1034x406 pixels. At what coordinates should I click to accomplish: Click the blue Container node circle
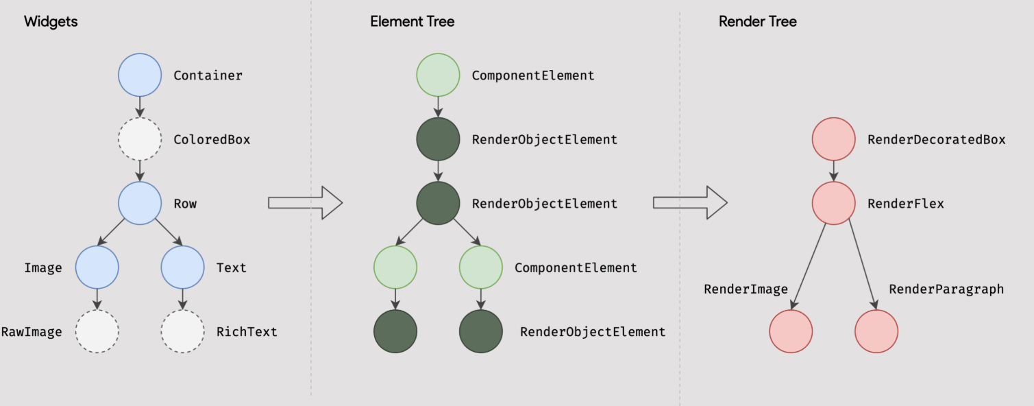[x=140, y=75]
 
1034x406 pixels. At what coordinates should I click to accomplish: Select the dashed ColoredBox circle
[x=140, y=139]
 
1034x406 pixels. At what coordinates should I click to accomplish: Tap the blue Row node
[x=140, y=203]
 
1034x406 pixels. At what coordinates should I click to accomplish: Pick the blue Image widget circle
[x=97, y=267]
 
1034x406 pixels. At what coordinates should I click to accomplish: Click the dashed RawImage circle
[x=97, y=332]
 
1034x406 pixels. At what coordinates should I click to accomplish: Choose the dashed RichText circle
[x=183, y=332]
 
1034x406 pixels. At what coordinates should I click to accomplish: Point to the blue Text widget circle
[x=183, y=267]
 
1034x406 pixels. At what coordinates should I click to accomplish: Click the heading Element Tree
[x=413, y=21]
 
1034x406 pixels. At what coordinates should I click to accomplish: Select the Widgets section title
[x=51, y=22]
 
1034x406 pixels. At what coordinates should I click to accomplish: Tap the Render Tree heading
[x=757, y=21]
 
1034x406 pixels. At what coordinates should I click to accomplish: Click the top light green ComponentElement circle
[x=438, y=75]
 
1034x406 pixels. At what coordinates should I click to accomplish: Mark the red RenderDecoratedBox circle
[x=834, y=139]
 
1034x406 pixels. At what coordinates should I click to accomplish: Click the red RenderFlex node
[x=834, y=203]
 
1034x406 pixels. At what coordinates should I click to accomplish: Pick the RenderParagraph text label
[x=946, y=289]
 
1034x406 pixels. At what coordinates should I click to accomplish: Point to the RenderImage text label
[x=746, y=289]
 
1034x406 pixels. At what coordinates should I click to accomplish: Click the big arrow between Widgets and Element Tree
[x=305, y=203]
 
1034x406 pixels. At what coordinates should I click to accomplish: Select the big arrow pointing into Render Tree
[x=690, y=203]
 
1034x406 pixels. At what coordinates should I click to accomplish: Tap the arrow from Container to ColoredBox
[x=140, y=107]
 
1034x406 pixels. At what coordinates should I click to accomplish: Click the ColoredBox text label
[x=212, y=139]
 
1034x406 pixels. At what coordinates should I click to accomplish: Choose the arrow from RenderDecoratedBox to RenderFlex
[x=834, y=171]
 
